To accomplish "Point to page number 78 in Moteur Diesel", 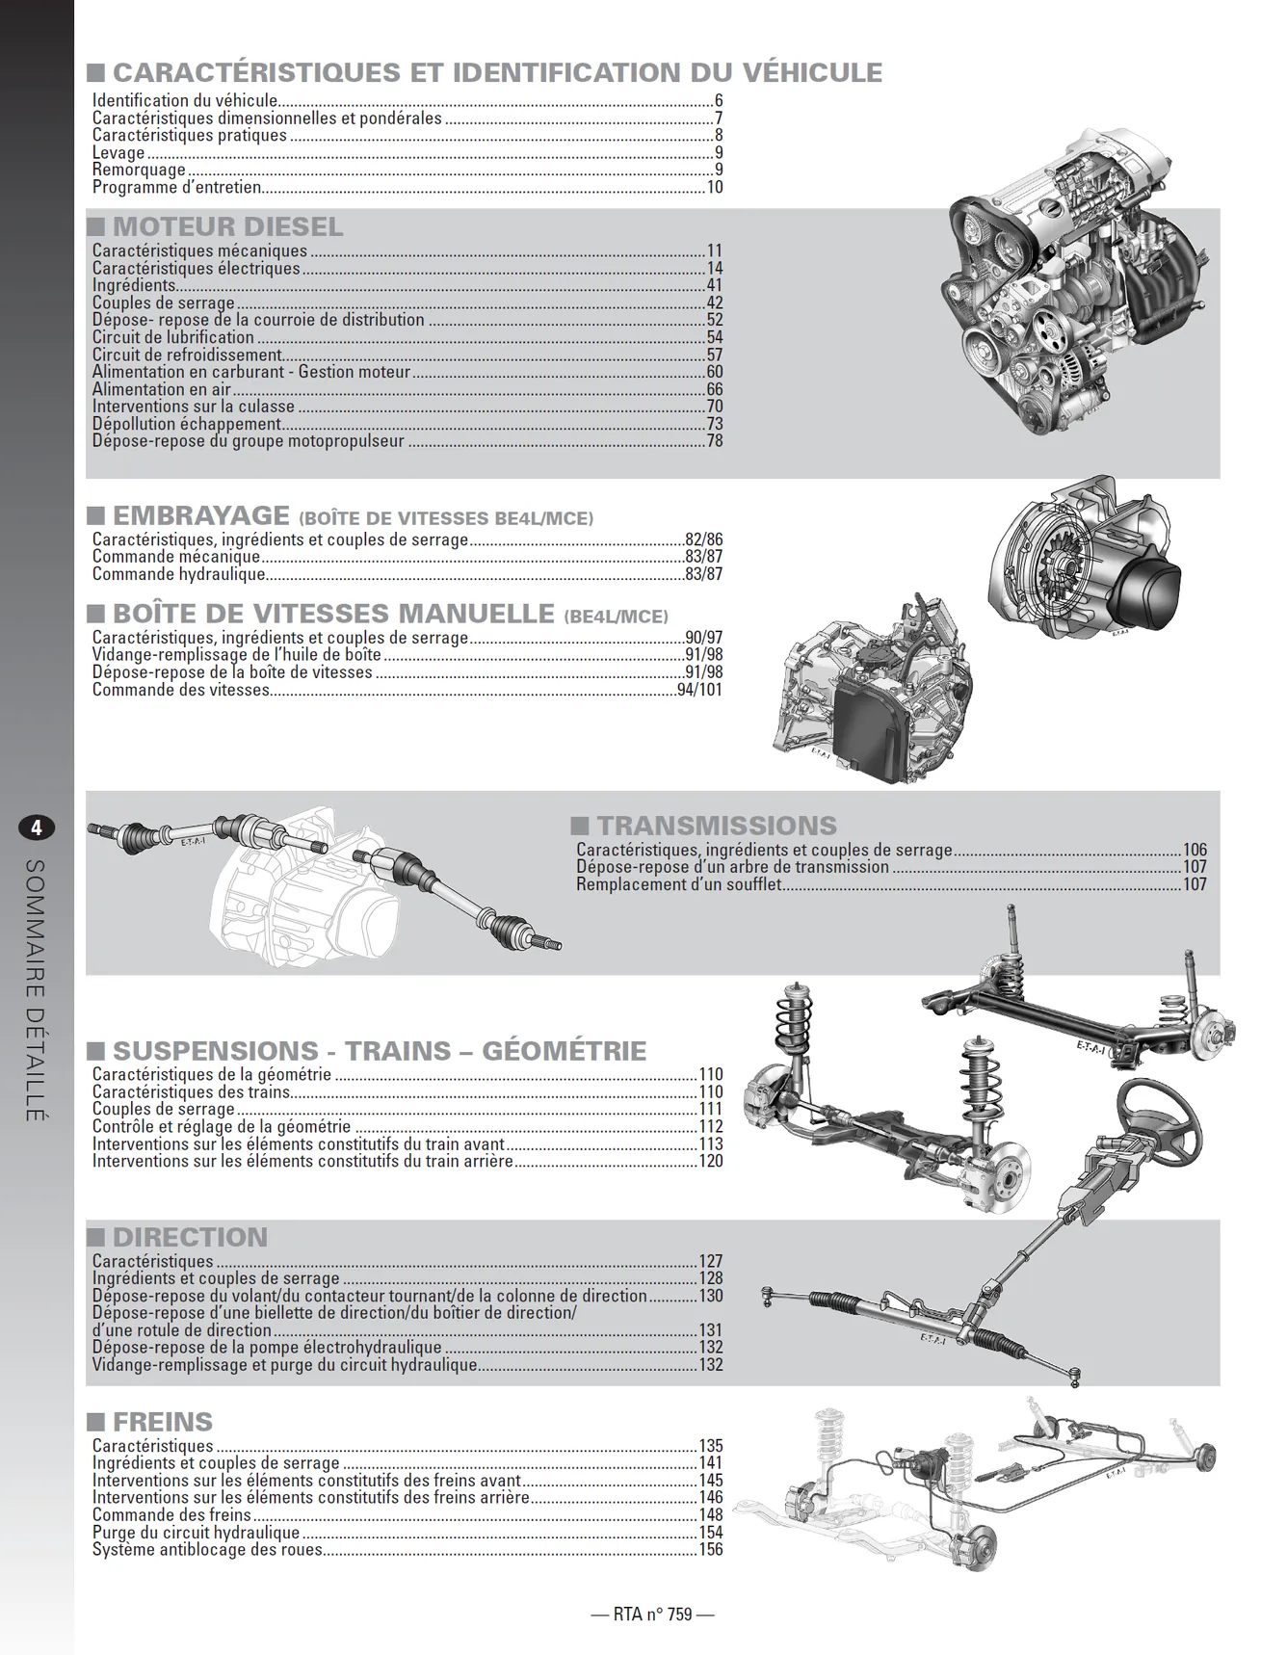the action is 714,441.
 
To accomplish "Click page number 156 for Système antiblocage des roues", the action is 711,1549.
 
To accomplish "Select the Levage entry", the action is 118,152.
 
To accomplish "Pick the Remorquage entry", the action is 139,170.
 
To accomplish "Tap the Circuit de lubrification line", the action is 173,337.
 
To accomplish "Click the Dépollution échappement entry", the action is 187,424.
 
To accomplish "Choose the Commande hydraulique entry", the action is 178,574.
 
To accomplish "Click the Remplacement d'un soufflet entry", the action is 678,884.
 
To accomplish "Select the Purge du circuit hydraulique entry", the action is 196,1532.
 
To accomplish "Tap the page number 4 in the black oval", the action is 37,827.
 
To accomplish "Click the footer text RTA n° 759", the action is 652,1614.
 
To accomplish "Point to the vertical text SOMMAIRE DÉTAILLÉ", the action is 36,989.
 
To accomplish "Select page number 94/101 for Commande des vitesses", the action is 699,690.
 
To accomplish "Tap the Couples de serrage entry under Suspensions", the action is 164,1109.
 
